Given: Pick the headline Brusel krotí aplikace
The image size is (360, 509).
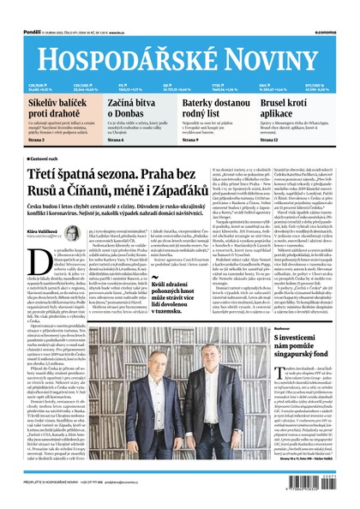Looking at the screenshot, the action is coord(291,109).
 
